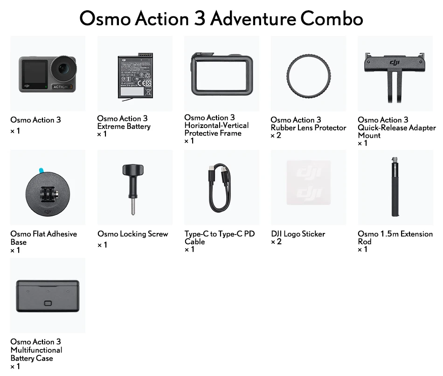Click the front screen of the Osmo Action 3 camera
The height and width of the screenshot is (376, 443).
tap(31, 73)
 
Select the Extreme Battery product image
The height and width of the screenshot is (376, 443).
tap(135, 75)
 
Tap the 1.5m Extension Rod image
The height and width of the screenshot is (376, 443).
tap(395, 187)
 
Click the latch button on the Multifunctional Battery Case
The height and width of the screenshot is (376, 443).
tap(48, 303)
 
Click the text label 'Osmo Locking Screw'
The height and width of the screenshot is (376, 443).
tap(132, 234)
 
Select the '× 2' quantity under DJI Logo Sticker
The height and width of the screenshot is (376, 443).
tap(276, 242)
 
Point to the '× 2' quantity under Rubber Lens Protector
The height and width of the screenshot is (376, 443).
tap(276, 135)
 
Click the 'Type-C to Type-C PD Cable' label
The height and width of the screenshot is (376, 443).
tap(219, 238)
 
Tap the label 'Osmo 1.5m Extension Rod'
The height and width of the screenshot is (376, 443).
tap(395, 238)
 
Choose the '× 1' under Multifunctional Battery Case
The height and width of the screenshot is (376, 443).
tap(15, 367)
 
